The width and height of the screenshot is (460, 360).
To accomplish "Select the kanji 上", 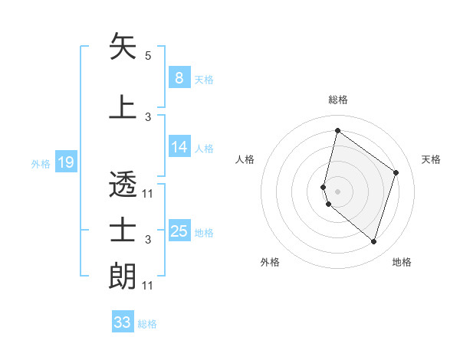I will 123,106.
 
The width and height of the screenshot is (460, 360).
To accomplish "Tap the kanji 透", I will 123,184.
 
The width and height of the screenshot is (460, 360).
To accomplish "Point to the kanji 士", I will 123,230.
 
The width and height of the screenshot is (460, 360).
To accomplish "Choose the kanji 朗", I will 123,276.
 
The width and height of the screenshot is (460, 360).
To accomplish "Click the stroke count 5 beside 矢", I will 148,56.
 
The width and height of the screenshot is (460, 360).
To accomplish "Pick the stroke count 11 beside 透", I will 148,194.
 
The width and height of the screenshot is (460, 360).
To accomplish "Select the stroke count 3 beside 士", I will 148,240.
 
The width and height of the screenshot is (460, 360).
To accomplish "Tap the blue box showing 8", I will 179,78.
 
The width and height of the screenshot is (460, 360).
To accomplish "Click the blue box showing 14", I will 179,147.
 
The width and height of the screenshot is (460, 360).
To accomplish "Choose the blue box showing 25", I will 179,231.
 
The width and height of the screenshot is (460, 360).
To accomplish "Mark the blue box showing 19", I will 65,162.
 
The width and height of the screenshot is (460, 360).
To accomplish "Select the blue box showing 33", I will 123,322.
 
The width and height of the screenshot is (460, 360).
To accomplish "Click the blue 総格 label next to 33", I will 147,324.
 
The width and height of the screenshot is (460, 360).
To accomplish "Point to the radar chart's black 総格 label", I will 337,100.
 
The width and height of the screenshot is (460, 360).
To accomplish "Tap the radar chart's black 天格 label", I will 431,159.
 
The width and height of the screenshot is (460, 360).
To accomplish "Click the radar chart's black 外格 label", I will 270,262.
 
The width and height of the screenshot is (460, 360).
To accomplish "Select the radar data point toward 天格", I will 396,172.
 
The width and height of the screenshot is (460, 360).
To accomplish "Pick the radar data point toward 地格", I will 373,241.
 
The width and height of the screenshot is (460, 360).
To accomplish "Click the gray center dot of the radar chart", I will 337,191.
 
